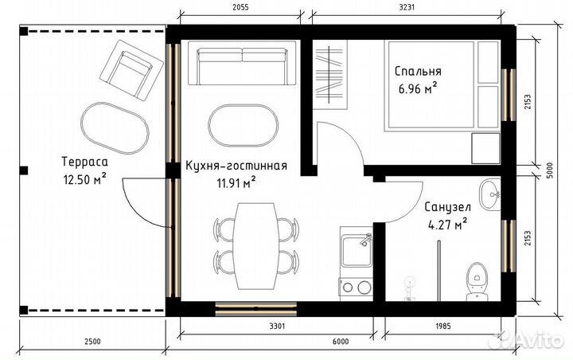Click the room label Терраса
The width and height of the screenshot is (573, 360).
pyautogui.click(x=84, y=163)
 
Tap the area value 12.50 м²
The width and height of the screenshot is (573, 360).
pyautogui.click(x=84, y=179)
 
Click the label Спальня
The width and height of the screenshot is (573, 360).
pyautogui.click(x=418, y=71)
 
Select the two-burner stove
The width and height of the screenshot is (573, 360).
pyautogui.click(x=355, y=286)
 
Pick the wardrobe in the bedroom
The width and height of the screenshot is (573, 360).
pyautogui.click(x=330, y=76)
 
